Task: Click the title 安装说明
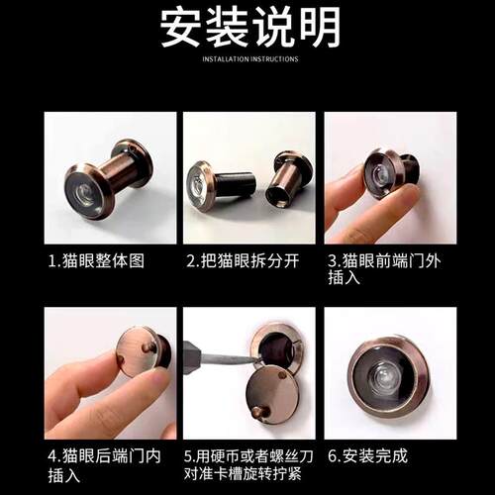pyautogui.click(x=250, y=27)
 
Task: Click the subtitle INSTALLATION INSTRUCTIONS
pyautogui.click(x=250, y=59)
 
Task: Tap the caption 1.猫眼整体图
pyautogui.click(x=96, y=260)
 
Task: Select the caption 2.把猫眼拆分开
pyautogui.click(x=243, y=260)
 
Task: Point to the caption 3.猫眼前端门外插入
pyautogui.click(x=384, y=269)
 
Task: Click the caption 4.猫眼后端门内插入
pyautogui.click(x=104, y=465)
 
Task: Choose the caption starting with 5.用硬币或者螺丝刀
pyautogui.click(x=248, y=465)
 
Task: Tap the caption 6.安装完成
pyautogui.click(x=367, y=456)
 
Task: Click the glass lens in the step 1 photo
pyautogui.click(x=87, y=194)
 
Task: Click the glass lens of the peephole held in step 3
pyautogui.click(x=379, y=174)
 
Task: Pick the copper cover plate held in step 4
pyautogui.click(x=137, y=349)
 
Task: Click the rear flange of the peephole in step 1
pyautogui.click(x=134, y=161)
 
